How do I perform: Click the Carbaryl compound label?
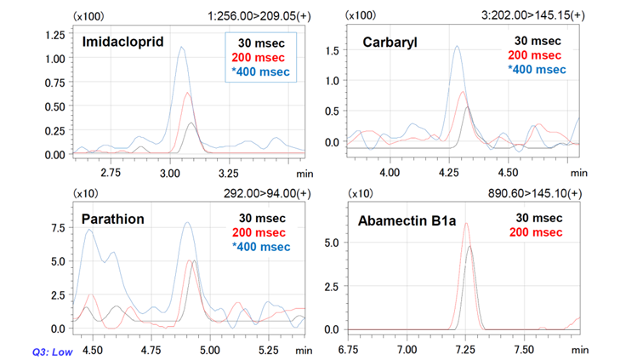tap(390, 42)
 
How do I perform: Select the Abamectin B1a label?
tap(407, 221)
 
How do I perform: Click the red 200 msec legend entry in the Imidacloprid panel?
tap(259, 56)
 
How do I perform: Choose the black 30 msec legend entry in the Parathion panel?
tap(259, 218)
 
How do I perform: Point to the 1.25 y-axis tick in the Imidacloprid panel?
tap(54, 34)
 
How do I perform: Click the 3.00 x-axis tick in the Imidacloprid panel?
tap(171, 171)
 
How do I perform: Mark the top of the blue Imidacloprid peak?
tap(181, 48)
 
